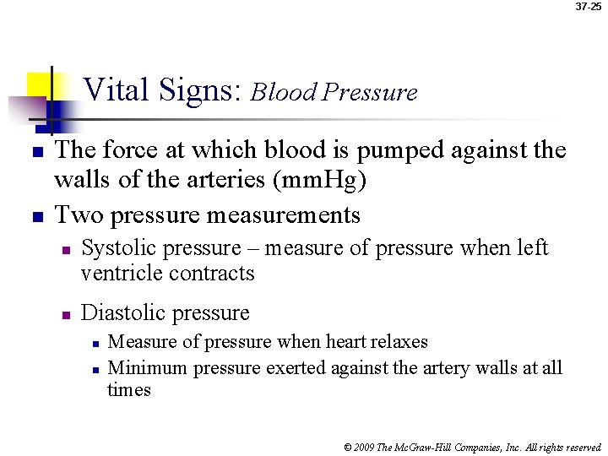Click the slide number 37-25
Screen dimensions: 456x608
[x=589, y=7]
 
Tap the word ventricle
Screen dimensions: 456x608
[x=122, y=274]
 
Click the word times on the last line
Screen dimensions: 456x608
[x=128, y=390]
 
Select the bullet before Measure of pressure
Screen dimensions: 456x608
[x=96, y=344]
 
